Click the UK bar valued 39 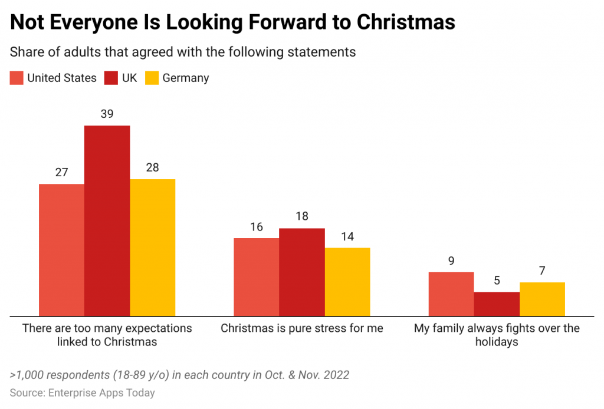point(107,220)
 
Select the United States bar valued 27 point(61,250)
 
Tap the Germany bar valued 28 point(152,248)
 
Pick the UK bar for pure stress point(301,272)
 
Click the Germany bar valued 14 point(347,282)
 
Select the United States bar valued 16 point(256,277)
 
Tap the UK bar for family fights point(497,304)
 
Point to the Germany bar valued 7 point(542,299)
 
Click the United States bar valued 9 point(451,294)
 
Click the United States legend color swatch point(17,78)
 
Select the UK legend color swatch point(111,78)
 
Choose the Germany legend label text point(185,78)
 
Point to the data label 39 point(107,114)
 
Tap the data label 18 point(301,216)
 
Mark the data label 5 point(497,281)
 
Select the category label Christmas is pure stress point(301,328)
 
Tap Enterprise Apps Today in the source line point(101,392)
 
